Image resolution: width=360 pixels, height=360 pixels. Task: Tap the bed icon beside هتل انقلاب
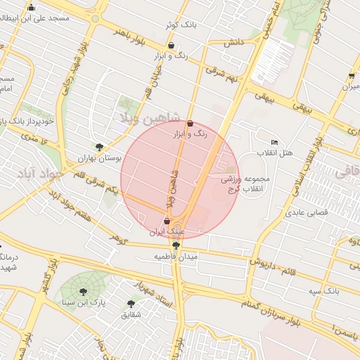click(274, 143)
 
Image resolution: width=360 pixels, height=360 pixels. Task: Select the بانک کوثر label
click(179, 25)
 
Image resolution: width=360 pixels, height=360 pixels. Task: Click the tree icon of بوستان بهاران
click(99, 148)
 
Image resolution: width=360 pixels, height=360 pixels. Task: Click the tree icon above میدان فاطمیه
click(175, 245)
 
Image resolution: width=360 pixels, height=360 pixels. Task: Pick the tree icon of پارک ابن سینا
click(84, 292)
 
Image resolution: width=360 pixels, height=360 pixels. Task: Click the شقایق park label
click(131, 314)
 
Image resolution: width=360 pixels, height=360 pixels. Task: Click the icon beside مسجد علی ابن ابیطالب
click(30, 8)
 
